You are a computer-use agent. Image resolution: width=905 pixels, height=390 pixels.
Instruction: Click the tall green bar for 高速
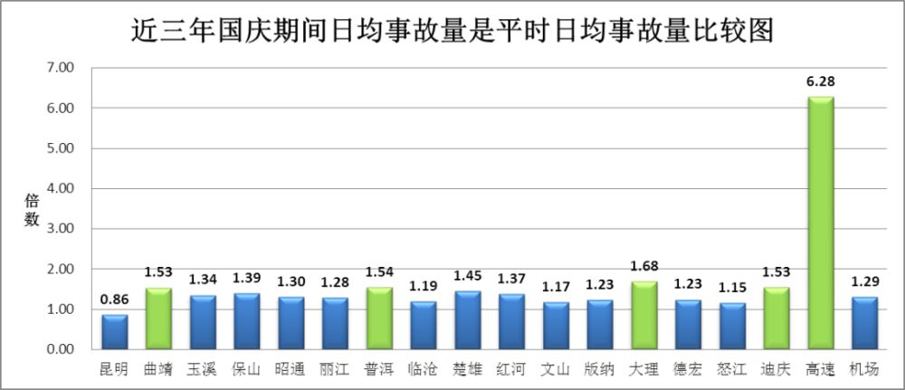820,223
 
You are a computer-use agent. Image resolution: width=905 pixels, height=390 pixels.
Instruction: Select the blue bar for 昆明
114,332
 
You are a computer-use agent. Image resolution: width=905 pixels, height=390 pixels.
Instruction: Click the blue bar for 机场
864,323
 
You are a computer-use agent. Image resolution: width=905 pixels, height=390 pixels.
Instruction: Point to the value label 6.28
820,82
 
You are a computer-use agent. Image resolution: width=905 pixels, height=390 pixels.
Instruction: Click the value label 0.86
114,300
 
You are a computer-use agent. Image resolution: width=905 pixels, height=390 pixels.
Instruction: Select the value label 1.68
643,266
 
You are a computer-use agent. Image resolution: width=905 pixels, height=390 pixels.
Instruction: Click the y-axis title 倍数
32,210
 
